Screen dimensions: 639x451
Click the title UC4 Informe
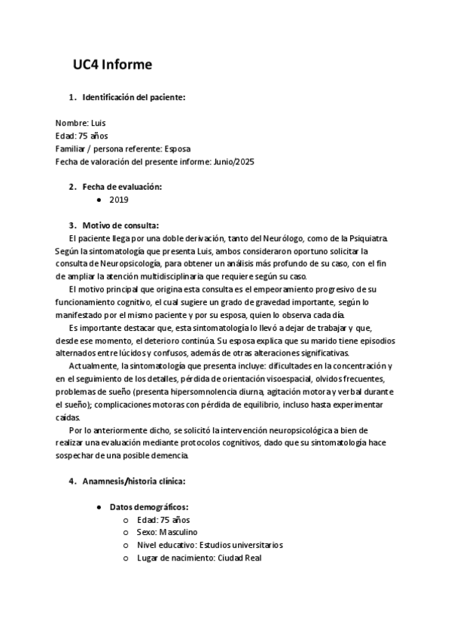click(x=112, y=66)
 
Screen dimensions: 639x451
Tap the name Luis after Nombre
click(x=99, y=122)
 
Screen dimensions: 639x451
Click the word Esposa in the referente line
click(x=180, y=148)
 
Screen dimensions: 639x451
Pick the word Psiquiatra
click(x=365, y=238)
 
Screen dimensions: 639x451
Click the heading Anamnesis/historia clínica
click(x=133, y=481)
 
